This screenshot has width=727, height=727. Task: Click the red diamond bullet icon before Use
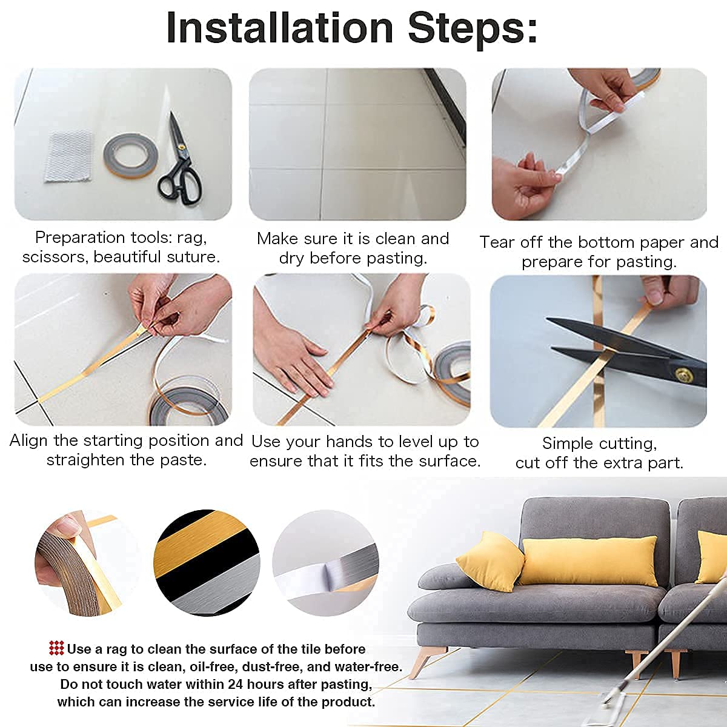point(56,649)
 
